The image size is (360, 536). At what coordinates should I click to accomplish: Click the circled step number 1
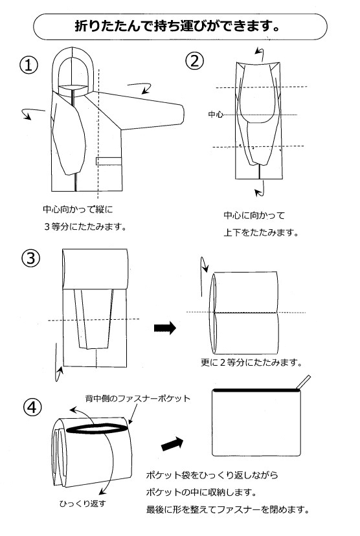coord(28,65)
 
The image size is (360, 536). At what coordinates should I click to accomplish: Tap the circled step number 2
coord(195,61)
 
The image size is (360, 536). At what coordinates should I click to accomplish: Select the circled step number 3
coord(31,258)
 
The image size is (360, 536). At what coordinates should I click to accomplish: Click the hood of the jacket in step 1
coord(76,71)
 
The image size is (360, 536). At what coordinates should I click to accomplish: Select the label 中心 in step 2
coord(215,115)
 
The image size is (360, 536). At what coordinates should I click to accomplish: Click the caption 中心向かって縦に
coord(78,210)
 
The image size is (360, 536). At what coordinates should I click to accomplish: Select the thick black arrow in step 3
coord(164,328)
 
